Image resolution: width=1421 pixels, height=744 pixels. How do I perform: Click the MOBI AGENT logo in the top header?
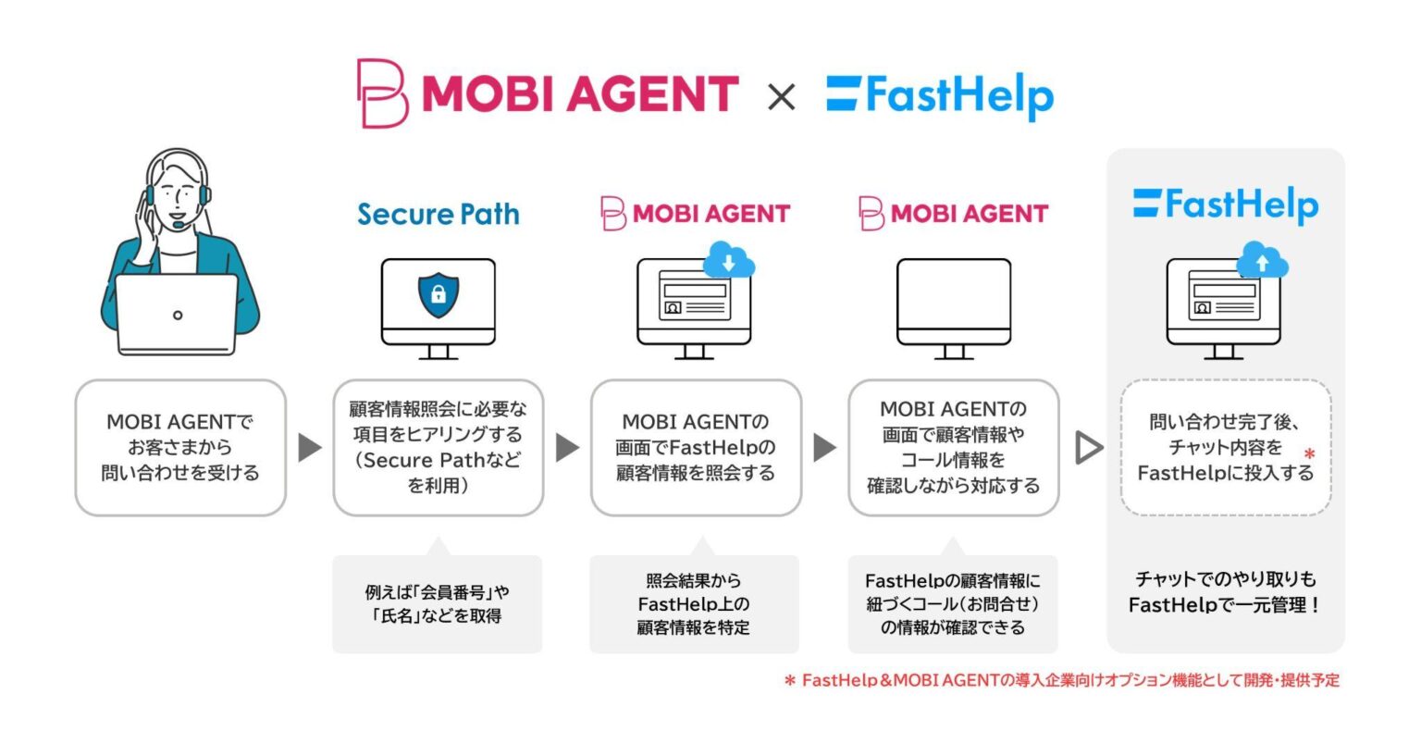548,93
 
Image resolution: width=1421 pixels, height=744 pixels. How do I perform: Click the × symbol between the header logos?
782,96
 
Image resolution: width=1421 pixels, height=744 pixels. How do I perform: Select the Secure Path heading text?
439,214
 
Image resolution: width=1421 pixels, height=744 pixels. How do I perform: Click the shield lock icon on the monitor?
439,295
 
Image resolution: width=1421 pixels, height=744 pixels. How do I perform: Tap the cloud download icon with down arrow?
729,263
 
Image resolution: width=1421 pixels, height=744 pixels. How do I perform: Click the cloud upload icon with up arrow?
1263,263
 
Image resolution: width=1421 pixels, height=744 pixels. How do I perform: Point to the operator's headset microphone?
175,224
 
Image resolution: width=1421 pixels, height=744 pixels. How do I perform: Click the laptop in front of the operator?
177,315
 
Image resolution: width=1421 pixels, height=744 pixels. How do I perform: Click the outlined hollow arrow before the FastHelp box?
1089,448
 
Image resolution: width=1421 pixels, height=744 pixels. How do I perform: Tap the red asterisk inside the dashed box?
1309,455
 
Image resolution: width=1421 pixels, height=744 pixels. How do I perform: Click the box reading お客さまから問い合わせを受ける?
180,448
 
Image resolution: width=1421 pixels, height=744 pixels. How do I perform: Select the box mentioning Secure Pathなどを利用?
439,448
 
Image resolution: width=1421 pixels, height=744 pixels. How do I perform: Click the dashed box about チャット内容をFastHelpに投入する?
1225,448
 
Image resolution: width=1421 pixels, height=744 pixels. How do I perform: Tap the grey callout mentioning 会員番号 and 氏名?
438,604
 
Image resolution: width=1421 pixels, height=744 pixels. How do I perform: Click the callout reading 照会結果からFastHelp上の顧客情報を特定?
694,604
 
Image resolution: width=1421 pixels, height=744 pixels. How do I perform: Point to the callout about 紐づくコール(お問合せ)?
953,604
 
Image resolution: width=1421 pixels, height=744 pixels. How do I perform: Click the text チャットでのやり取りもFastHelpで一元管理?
1225,592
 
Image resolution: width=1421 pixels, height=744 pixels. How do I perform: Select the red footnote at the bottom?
1061,681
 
